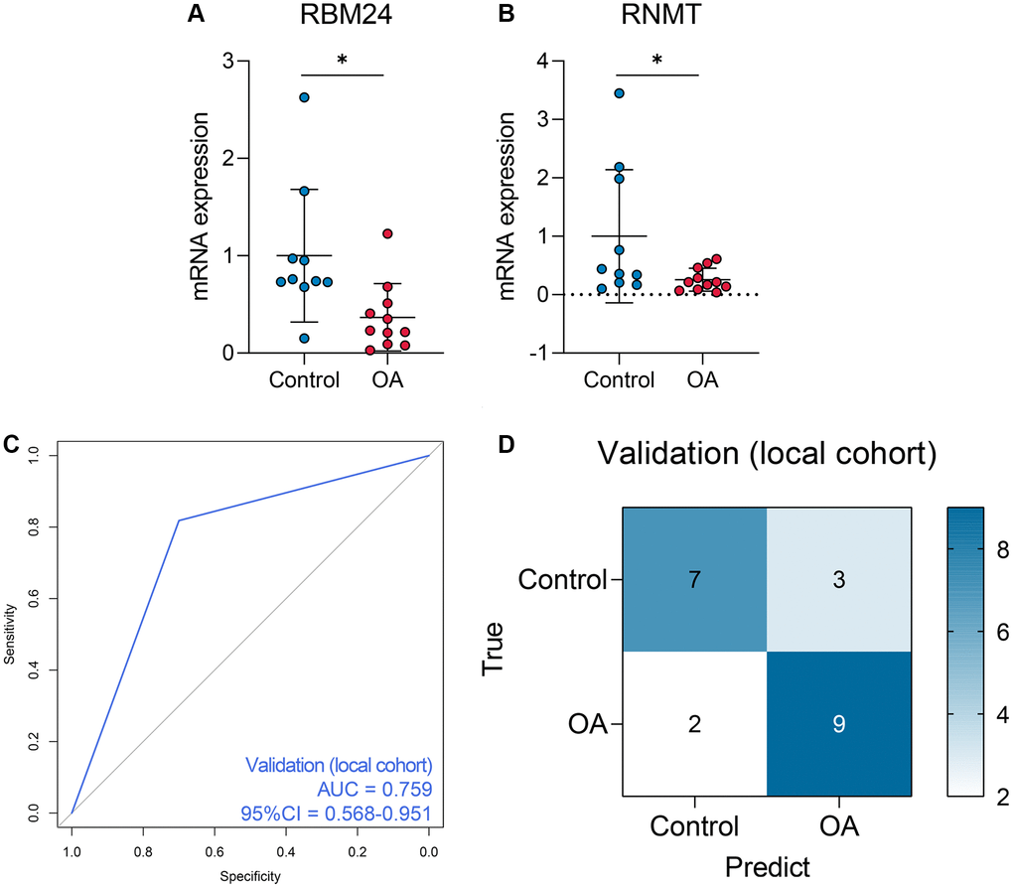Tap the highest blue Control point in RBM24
(x=305, y=97)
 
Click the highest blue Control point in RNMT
(x=619, y=93)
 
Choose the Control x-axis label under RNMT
(x=619, y=380)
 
